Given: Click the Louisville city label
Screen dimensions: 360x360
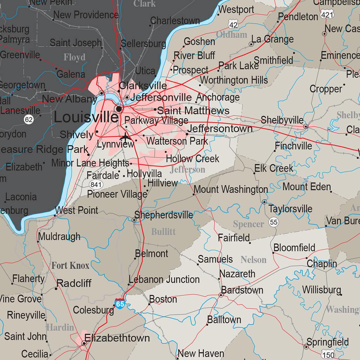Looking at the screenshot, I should tap(86, 117).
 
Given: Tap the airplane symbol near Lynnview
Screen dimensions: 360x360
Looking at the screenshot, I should tap(125, 136).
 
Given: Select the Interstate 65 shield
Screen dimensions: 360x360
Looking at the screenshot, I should tap(120, 303).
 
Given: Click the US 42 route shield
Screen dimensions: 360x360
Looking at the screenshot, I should tap(233, 24).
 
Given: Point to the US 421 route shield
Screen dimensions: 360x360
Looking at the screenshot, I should tap(327, 15).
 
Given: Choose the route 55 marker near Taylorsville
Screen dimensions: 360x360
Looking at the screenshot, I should tap(274, 222).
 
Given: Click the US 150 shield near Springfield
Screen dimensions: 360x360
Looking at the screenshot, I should tap(328, 354).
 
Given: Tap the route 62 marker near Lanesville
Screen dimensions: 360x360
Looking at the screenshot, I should tap(29, 120).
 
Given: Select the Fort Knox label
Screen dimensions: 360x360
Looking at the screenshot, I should tap(71, 265).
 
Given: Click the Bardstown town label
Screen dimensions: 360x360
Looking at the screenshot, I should tap(242, 290).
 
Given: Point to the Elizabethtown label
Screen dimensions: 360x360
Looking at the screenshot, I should tap(117, 338).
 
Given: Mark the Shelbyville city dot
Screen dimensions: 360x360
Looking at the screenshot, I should tap(306, 126).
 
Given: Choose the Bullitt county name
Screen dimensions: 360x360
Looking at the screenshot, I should tap(163, 232).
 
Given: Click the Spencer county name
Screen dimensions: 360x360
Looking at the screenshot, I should tap(248, 224).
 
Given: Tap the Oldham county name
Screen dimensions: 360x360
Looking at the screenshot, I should tap(231, 34).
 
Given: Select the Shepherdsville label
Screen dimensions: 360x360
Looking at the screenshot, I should tap(164, 215).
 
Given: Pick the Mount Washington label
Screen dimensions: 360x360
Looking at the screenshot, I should tap(231, 189).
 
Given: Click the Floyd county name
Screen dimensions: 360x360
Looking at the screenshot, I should tap(74, 57).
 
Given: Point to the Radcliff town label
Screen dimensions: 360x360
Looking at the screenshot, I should tap(74, 283).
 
